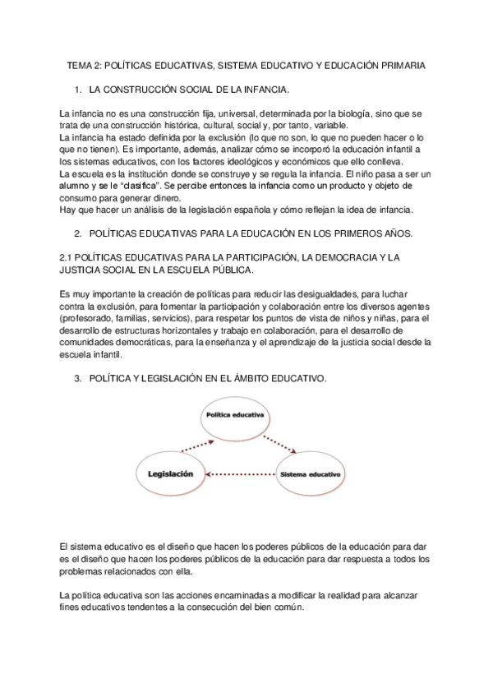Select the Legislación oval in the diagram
(170, 473)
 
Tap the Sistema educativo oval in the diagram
(309, 474)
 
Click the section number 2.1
(69, 257)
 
